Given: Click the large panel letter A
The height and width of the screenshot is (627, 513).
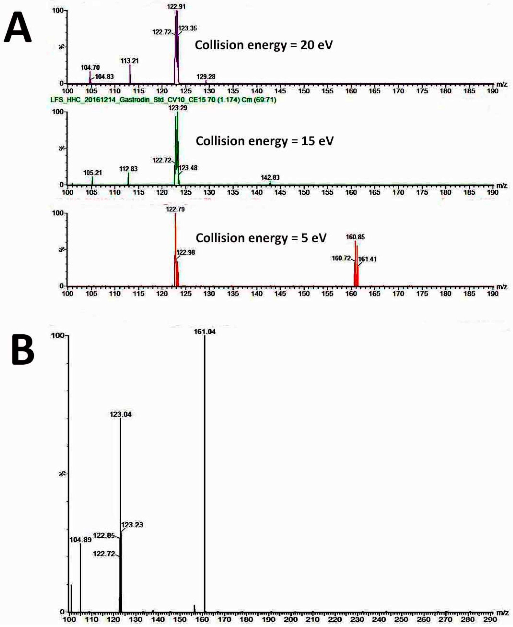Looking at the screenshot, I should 17,28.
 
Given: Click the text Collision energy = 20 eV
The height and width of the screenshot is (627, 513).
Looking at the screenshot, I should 264,45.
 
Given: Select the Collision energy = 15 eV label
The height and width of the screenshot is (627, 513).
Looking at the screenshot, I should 265,141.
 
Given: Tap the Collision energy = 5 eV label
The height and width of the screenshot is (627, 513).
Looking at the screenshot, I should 261,238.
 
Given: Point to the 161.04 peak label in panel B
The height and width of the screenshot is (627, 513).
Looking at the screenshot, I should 204,332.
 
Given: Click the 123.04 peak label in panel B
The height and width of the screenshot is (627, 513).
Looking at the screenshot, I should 120,414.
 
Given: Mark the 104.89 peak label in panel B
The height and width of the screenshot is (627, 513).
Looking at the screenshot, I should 80,540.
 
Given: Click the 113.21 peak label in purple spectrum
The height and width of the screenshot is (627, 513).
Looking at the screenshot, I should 129,61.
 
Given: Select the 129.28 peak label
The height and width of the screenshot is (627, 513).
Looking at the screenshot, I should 206,77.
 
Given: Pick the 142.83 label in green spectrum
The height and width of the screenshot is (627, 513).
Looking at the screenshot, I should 270,177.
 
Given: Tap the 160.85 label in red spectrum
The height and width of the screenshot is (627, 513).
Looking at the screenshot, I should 355,237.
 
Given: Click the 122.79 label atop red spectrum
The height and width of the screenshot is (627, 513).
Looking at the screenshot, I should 175,209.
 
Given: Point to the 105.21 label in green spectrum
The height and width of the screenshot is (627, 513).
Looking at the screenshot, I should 92,172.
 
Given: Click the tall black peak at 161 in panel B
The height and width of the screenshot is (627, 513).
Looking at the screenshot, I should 204,473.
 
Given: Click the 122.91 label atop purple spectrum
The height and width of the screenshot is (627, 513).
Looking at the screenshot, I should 176,6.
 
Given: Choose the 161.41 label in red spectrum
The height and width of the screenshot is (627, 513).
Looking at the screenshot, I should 367,259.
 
